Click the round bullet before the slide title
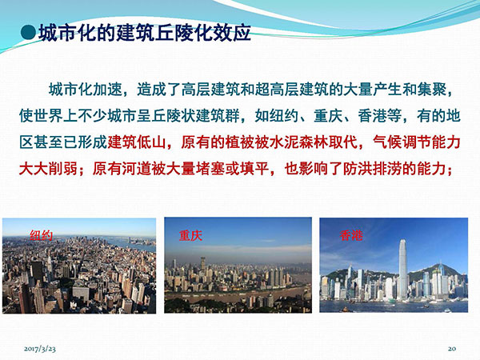click(29, 33)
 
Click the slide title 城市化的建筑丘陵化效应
click(145, 33)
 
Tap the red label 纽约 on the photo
click(41, 235)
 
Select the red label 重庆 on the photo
click(190, 235)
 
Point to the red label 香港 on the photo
click(351, 235)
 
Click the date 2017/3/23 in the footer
click(40, 349)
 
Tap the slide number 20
click(452, 348)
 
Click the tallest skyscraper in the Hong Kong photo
click(402, 270)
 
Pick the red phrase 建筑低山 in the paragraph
click(137, 142)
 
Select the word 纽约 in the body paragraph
click(284, 116)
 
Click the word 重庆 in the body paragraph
click(328, 116)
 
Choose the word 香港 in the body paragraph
click(372, 116)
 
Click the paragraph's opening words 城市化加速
click(86, 90)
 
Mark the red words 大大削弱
click(48, 169)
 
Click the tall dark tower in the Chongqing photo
click(202, 263)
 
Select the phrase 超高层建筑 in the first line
click(291, 90)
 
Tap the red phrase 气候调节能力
click(417, 142)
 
